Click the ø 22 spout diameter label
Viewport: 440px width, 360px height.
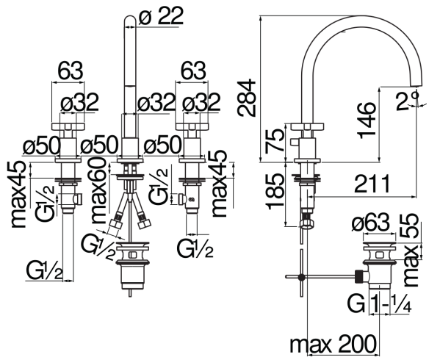pyautogui.click(x=161, y=16)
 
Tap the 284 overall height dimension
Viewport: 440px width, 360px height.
pyautogui.click(x=247, y=98)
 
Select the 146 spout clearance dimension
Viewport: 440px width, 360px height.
pyautogui.click(x=367, y=120)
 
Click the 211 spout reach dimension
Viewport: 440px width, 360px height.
pyautogui.click(x=372, y=184)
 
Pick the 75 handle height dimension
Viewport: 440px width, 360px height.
pyautogui.click(x=275, y=141)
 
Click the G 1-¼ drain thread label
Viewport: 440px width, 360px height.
pyautogui.click(x=379, y=303)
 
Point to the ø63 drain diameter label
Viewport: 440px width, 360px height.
pyautogui.click(x=371, y=223)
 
